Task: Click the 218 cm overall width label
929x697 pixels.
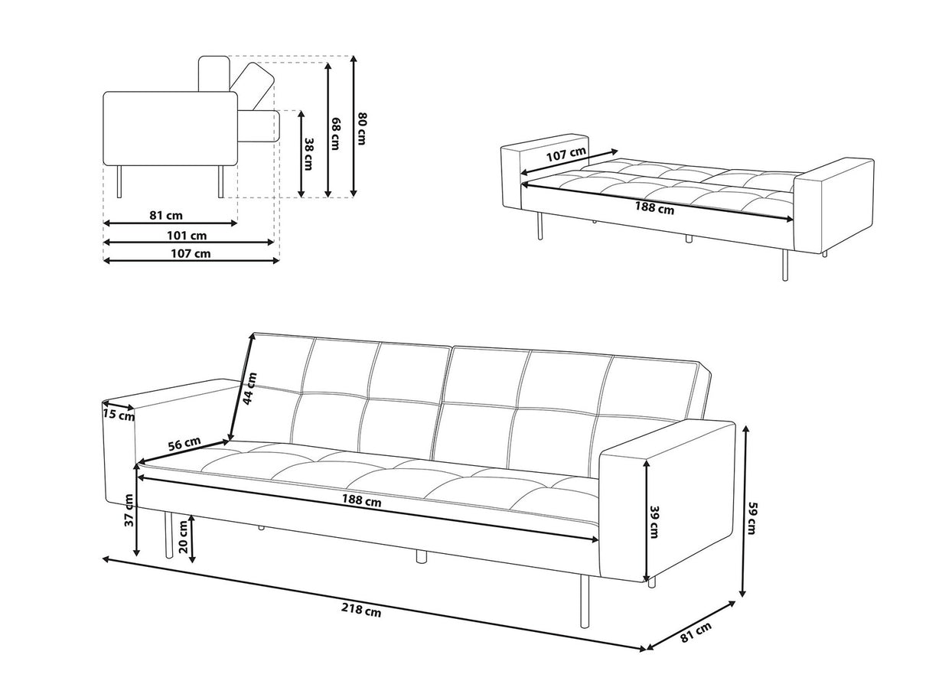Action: [x=362, y=611]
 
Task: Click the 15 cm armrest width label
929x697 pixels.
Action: [x=118, y=415]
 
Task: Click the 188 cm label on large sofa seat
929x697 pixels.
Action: [x=362, y=502]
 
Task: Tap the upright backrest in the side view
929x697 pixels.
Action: [x=214, y=73]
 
